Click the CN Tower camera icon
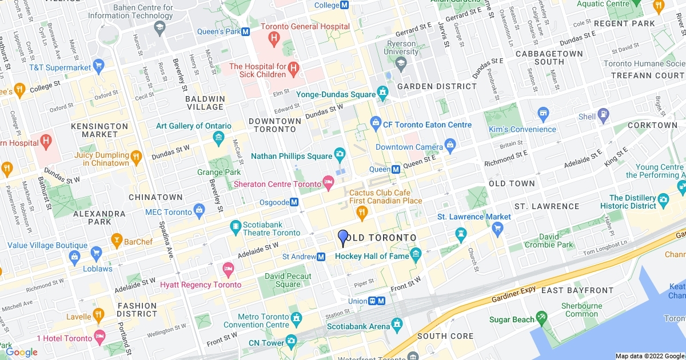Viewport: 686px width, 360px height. (292, 342)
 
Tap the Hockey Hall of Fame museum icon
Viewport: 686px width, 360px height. (416, 253)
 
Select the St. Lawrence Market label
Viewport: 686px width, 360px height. (474, 217)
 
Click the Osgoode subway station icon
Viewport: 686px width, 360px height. (294, 202)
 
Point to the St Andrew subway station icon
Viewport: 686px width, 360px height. (321, 257)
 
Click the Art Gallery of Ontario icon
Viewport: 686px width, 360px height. (218, 137)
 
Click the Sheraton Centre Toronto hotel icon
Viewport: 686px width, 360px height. (328, 183)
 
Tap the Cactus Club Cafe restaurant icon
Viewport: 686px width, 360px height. (361, 213)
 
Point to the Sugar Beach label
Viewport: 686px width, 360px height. (512, 319)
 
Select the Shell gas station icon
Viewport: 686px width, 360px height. (603, 117)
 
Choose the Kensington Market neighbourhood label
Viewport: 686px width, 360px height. (99, 130)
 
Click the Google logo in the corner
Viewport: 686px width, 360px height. (22, 352)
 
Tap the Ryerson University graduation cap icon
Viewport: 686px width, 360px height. (401, 62)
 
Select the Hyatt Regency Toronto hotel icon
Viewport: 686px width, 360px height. (228, 268)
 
